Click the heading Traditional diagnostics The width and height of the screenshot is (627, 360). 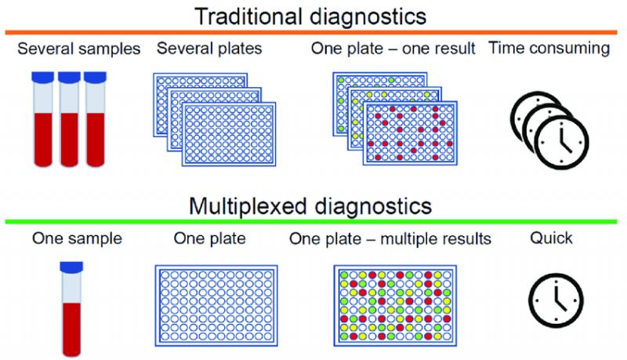(x=310, y=16)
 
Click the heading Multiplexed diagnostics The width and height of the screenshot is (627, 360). (x=310, y=206)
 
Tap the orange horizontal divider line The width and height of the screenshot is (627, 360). (x=311, y=32)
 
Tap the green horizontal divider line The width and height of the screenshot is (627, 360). (x=311, y=222)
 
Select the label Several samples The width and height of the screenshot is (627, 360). (x=79, y=49)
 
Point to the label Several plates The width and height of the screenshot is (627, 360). (x=209, y=49)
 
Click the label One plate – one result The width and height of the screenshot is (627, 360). (x=393, y=49)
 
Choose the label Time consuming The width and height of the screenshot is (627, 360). (x=549, y=48)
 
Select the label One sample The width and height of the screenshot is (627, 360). (x=77, y=238)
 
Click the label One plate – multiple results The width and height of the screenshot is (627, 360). (x=390, y=238)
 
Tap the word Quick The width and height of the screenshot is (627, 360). (x=551, y=238)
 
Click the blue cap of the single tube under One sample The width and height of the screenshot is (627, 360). (x=71, y=267)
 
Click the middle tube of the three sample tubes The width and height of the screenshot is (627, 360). (x=69, y=118)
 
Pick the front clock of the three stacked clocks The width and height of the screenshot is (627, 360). (x=561, y=142)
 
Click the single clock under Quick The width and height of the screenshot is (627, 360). (x=556, y=300)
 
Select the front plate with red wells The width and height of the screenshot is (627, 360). (x=410, y=133)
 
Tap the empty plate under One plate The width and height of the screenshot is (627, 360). (x=216, y=306)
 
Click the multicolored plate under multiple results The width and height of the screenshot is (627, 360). (x=395, y=306)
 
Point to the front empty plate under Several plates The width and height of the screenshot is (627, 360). (x=229, y=134)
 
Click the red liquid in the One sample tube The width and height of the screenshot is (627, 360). (x=71, y=329)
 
